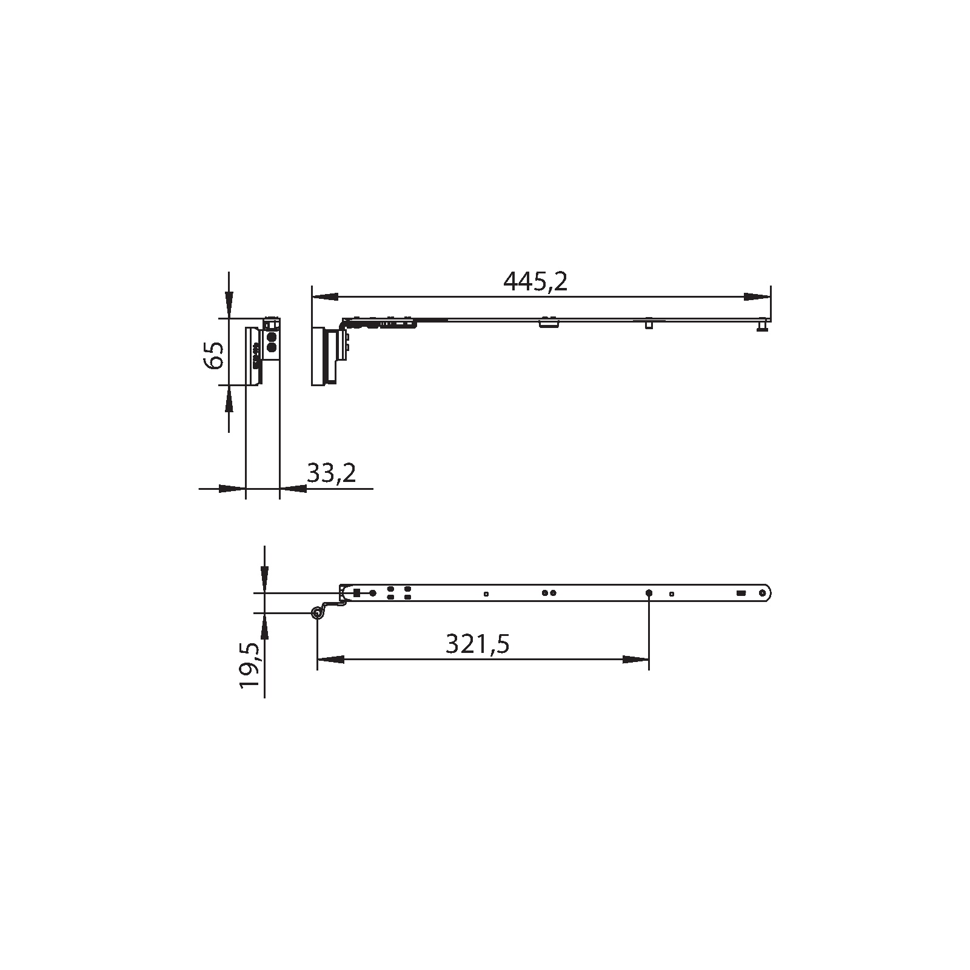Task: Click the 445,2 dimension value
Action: click(x=535, y=281)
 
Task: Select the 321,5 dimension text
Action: click(x=477, y=644)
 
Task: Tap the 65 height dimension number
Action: click(x=213, y=355)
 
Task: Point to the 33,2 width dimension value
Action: click(x=331, y=473)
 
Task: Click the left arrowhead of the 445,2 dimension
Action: click(x=324, y=297)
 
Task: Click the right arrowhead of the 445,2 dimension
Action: click(x=757, y=297)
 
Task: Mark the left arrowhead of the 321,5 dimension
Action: click(x=331, y=660)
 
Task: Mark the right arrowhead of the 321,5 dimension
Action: click(x=635, y=660)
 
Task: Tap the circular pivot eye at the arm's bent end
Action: click(x=316, y=613)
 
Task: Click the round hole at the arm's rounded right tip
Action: click(x=763, y=593)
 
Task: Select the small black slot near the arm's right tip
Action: click(x=740, y=593)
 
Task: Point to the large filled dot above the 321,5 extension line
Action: click(x=649, y=592)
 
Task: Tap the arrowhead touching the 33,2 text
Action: click(x=293, y=488)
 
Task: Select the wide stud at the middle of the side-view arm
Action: click(x=548, y=323)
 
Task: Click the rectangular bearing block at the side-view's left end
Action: click(x=319, y=356)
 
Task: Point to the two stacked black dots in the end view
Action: click(x=272, y=341)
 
